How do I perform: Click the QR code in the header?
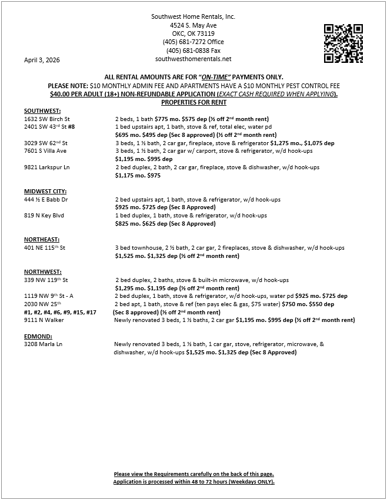coord(343,43)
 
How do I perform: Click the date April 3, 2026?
coord(42,61)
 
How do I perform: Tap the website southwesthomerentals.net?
coord(193,59)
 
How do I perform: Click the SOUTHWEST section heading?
coord(42,110)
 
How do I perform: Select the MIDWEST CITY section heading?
coord(45,191)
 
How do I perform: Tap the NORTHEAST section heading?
coord(41,240)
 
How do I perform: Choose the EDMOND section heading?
coord(38,336)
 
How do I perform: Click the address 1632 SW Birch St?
coord(47,119)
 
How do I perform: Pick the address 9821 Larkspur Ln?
coord(47,167)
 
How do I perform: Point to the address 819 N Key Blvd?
coord(44,216)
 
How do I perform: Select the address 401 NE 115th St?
coord(45,248)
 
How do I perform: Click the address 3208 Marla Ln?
coord(43,344)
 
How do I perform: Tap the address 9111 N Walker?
coord(44,320)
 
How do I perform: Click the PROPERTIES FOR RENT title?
coord(193,102)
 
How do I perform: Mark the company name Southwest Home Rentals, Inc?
coord(193,17)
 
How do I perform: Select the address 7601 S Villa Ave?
coord(45,151)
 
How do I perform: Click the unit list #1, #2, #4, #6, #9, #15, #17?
coord(61,313)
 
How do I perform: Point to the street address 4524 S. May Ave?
coord(193,26)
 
